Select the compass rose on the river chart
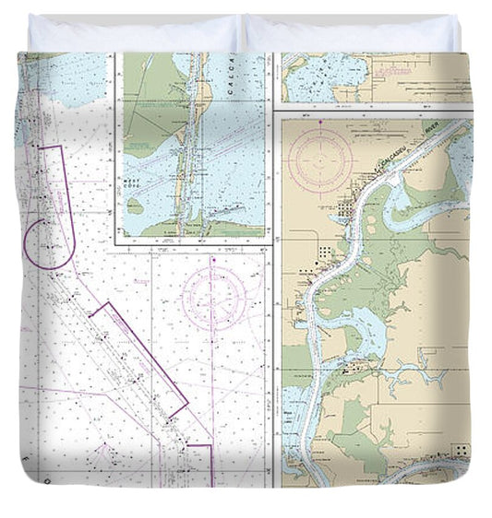tap(319, 158)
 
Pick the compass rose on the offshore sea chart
tap(213, 297)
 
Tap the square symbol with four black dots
tap(459, 451)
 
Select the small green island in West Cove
tap(136, 207)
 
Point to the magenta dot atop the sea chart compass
tap(213, 262)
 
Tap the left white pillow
tap(134, 34)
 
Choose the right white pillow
tap(351, 34)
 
